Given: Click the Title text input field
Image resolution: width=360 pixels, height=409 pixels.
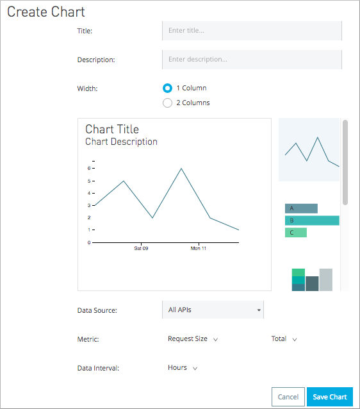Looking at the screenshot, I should click(x=252, y=30).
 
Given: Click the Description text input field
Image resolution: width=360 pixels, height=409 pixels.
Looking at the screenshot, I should click(x=252, y=60).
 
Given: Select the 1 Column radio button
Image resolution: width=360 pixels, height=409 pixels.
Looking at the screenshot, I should click(x=168, y=88).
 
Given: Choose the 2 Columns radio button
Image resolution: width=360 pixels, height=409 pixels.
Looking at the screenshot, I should click(x=168, y=103).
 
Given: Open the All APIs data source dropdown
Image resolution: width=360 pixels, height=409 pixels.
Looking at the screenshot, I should click(x=213, y=310).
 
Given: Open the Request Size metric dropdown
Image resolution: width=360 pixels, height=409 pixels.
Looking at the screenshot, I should click(x=193, y=339).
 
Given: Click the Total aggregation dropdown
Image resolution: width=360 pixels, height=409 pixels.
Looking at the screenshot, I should click(x=284, y=339).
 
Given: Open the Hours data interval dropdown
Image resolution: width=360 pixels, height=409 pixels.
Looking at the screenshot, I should click(x=183, y=368).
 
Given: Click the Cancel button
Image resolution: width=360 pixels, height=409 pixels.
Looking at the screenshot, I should click(x=288, y=397).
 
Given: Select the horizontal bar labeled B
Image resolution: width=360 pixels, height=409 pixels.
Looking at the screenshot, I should click(x=312, y=221).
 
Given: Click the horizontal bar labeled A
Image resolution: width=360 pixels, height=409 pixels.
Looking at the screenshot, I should click(x=301, y=208).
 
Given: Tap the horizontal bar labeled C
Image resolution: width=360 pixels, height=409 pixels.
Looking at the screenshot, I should click(x=296, y=232).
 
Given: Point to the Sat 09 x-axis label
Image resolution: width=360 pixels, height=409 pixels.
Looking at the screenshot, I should click(x=142, y=247).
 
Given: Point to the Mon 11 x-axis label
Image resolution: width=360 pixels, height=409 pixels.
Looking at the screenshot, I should click(x=199, y=247).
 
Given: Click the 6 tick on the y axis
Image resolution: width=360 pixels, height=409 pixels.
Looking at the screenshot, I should click(x=89, y=168).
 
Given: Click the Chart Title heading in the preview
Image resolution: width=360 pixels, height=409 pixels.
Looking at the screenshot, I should click(x=112, y=129).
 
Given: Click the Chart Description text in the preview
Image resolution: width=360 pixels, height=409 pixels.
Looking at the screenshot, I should click(x=121, y=142).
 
